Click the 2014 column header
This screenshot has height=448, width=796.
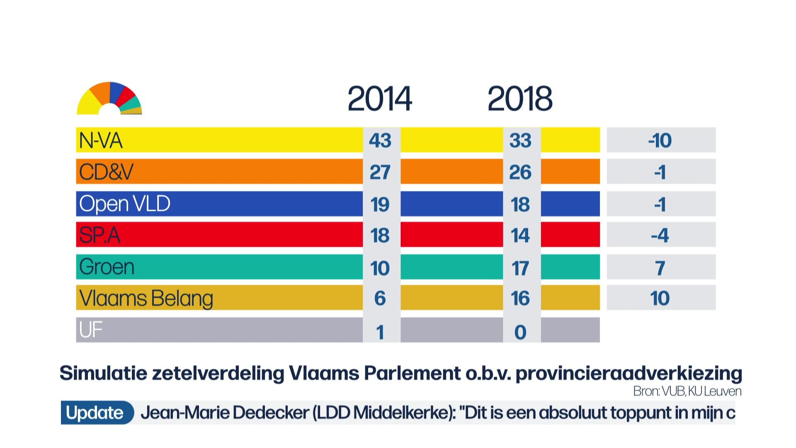pyautogui.click(x=379, y=99)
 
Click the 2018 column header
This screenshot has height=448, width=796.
pyautogui.click(x=520, y=99)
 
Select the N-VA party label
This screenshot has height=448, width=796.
pyautogui.click(x=101, y=141)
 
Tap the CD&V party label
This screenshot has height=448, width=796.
pyautogui.click(x=106, y=172)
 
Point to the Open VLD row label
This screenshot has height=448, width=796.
pyautogui.click(x=125, y=204)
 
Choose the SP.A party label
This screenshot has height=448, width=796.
pyautogui.click(x=99, y=235)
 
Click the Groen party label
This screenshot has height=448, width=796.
pyautogui.click(x=107, y=267)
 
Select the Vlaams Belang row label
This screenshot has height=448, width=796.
pyautogui.click(x=146, y=298)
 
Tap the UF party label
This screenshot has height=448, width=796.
pyautogui.click(x=90, y=330)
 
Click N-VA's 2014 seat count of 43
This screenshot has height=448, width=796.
pyautogui.click(x=380, y=141)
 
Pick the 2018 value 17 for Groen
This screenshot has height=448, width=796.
pyautogui.click(x=520, y=268)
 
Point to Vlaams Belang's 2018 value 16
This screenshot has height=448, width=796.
pyautogui.click(x=520, y=299)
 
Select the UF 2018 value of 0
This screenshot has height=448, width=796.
pyautogui.click(x=520, y=332)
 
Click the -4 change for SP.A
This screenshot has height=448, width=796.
pyautogui.click(x=660, y=236)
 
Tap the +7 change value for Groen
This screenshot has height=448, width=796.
pyautogui.click(x=660, y=268)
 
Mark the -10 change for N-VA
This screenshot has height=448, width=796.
pyautogui.click(x=660, y=141)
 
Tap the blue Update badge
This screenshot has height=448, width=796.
pyautogui.click(x=95, y=413)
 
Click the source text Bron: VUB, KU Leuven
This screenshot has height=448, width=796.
pyautogui.click(x=687, y=391)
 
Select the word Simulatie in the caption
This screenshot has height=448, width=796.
pyautogui.click(x=103, y=373)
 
